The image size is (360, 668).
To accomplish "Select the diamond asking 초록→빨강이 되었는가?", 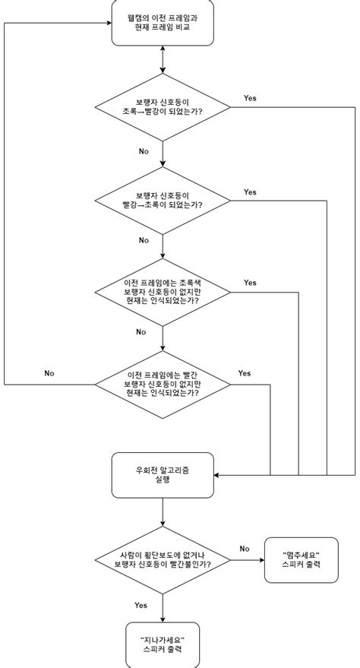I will (x=163, y=106).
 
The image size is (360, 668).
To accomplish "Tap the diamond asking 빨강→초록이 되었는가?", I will (x=163, y=200).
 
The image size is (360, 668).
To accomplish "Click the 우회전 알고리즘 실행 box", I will (x=163, y=476).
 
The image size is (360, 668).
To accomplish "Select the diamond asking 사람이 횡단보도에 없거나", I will (x=163, y=560).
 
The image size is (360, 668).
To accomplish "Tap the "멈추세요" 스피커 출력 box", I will (x=302, y=560).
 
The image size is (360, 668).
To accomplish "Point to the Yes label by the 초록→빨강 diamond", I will (x=250, y=98).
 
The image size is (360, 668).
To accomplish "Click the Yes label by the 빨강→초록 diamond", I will (x=250, y=192).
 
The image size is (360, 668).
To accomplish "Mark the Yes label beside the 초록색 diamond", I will (x=250, y=283).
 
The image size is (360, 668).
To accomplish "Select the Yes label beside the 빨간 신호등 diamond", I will (x=245, y=373).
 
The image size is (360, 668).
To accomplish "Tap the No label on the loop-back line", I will (x=49, y=373).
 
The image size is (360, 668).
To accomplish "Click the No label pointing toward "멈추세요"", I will (x=245, y=548).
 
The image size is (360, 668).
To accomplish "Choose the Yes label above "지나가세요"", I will (x=141, y=606).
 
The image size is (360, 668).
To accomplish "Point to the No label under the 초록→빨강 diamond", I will (x=144, y=151).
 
